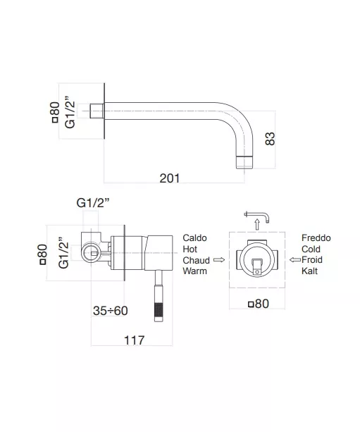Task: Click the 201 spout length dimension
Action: [170, 178]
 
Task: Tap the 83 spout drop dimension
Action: [271, 139]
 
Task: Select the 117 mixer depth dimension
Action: [135, 340]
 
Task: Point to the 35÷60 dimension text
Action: [111, 311]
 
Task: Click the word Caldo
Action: [194, 237]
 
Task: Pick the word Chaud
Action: [196, 260]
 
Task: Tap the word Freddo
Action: [316, 237]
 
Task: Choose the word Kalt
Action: [309, 271]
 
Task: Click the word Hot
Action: [190, 249]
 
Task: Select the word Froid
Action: [312, 260]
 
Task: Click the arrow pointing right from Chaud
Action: [219, 260]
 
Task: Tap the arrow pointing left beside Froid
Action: [295, 259]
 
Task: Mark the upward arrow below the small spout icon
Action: [257, 224]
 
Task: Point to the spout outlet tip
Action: [244, 162]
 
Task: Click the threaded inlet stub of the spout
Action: [97, 111]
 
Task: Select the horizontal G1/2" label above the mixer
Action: [93, 203]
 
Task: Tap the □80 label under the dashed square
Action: [259, 304]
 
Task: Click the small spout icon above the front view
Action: [256, 216]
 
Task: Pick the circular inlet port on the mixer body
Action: [91, 252]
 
